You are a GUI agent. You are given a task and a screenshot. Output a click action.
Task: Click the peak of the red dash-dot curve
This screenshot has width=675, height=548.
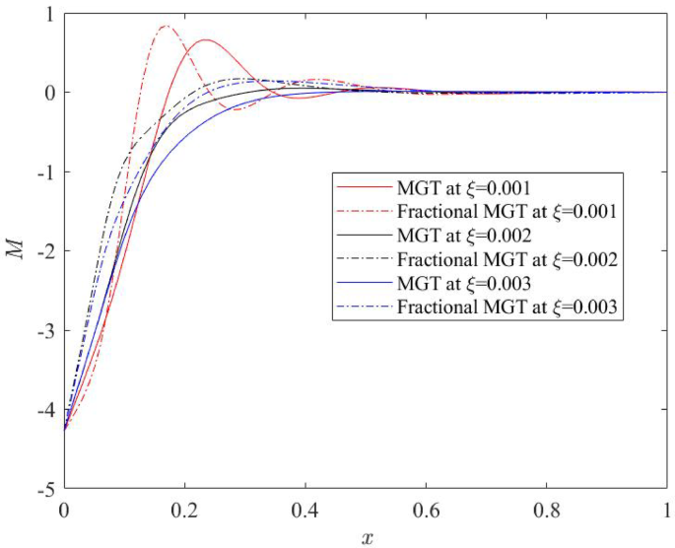click(x=166, y=27)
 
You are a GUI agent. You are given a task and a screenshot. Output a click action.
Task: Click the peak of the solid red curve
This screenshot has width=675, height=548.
click(x=206, y=40)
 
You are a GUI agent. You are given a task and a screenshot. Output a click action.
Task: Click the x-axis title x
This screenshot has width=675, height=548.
click(x=367, y=536)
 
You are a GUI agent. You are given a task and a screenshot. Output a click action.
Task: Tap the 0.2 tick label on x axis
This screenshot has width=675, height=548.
click(x=184, y=512)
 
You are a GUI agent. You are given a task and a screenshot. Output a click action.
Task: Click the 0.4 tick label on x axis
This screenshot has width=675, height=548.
click(x=305, y=512)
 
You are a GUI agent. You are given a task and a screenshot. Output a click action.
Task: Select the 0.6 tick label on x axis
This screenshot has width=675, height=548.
click(x=426, y=512)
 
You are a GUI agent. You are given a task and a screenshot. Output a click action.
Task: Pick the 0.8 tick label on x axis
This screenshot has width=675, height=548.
click(x=546, y=512)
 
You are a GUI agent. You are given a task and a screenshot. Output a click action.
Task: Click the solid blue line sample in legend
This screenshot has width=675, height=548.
click(x=364, y=285)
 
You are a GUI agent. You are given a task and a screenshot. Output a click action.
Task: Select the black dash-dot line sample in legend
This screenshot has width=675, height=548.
click(x=364, y=260)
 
